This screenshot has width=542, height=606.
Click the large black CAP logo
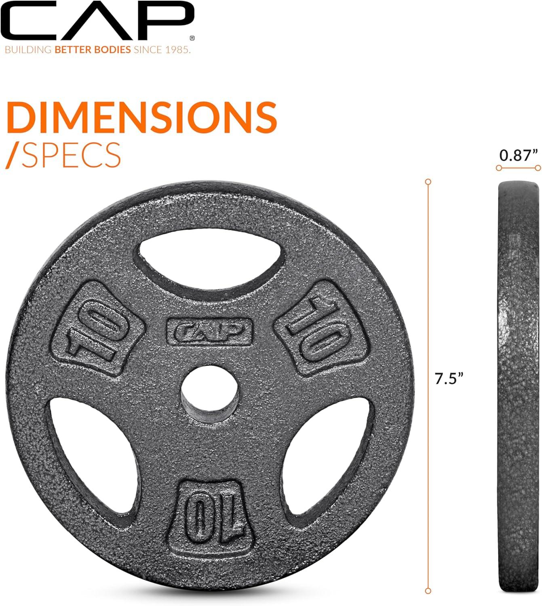click(97, 20)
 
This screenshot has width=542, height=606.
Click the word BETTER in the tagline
click(73, 50)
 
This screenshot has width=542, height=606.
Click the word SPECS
click(71, 155)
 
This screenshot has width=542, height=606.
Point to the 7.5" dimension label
click(449, 379)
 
